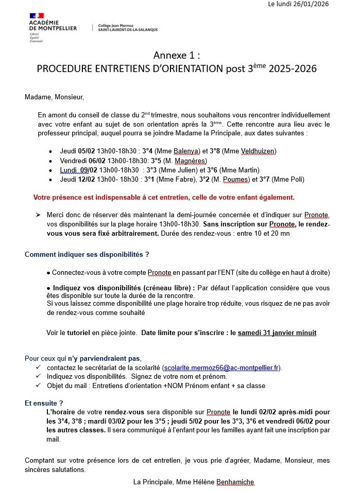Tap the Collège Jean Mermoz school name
(128, 27)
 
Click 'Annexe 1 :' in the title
(176, 55)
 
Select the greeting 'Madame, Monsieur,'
(54, 97)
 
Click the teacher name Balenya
(186, 151)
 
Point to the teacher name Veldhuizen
(257, 151)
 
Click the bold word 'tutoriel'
(78, 333)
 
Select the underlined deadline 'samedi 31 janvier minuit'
(277, 333)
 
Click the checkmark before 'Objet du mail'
(38, 385)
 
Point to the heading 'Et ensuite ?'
(44, 403)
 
